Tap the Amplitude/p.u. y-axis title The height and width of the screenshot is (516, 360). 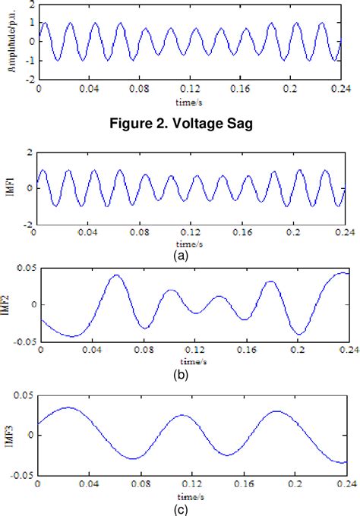click(13, 41)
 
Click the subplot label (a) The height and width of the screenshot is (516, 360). click(180, 257)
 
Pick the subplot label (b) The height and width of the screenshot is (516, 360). click(180, 375)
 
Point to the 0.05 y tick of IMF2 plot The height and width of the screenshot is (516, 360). click(25, 267)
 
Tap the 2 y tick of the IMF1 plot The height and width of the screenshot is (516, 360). click(28, 152)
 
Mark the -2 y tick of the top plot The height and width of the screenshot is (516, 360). click(27, 79)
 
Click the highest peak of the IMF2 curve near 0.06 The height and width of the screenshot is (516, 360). click(115, 275)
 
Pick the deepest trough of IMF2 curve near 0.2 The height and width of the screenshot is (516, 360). click(301, 334)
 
